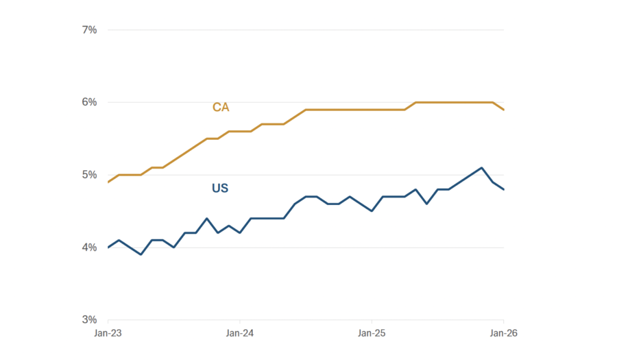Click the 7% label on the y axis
pos(89,29)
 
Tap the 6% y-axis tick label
pos(89,102)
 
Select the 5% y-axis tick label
pos(89,175)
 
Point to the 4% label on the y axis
pos(89,248)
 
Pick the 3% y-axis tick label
pos(89,320)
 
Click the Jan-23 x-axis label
pos(108,333)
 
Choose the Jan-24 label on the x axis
pos(240,333)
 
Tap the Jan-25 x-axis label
pos(372,333)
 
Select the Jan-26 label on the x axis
pos(504,333)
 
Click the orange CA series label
pos(221,108)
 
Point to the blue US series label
pos(220,188)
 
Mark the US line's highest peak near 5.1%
pos(482,167)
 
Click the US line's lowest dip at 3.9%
pos(141,254)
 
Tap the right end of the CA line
pos(504,110)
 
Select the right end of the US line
pos(504,189)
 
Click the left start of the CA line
pos(108,182)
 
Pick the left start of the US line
pos(108,248)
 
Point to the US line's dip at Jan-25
pos(372,211)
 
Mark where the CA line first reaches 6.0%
pos(416,102)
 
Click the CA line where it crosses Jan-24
pos(240,131)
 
